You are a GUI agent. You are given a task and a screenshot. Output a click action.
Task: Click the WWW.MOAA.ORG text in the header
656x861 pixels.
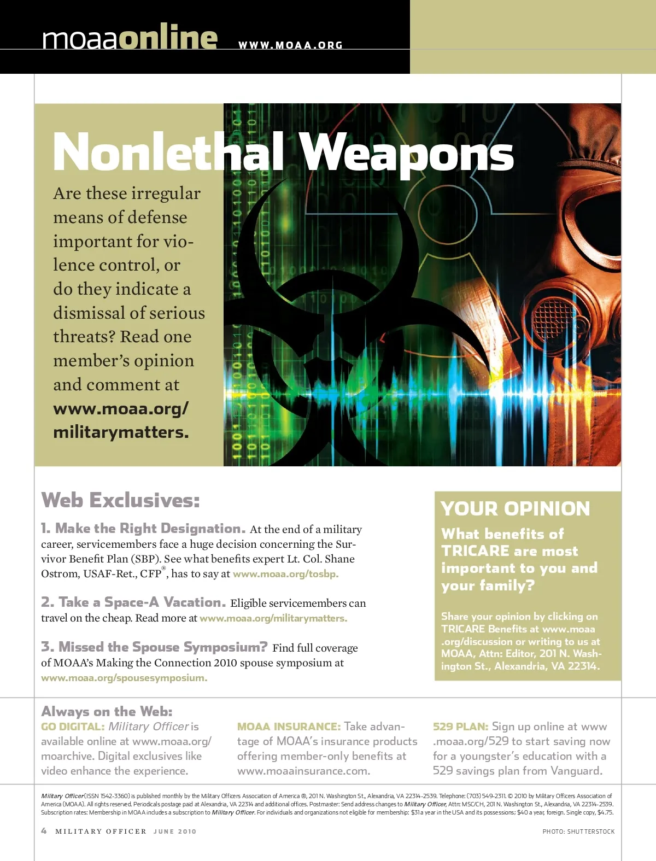(x=290, y=45)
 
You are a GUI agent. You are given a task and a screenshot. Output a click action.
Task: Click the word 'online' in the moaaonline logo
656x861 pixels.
(x=168, y=38)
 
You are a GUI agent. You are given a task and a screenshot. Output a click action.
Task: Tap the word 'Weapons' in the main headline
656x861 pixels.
(x=408, y=153)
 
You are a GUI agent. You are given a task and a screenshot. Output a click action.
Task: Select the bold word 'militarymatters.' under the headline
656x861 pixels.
(x=121, y=432)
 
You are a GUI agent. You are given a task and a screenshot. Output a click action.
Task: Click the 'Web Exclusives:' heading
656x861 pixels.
(x=121, y=500)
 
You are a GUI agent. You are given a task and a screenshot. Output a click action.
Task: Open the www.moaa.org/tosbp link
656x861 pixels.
(x=285, y=574)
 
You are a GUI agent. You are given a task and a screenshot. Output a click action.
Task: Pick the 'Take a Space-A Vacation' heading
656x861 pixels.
(x=133, y=602)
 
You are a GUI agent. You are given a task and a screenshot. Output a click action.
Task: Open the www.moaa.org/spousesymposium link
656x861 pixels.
(x=124, y=678)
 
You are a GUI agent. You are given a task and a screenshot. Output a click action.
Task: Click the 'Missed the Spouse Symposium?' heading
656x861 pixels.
(x=155, y=647)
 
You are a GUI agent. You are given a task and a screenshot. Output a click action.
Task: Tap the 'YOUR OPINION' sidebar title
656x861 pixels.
(x=516, y=509)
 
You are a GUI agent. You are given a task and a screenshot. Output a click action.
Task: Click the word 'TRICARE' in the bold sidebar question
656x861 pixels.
(x=475, y=551)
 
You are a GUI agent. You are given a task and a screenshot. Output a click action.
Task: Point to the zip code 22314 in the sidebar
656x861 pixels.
(x=583, y=666)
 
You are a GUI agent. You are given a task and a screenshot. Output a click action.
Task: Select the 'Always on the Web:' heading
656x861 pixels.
(x=107, y=711)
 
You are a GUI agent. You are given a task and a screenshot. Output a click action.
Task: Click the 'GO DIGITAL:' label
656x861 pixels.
(x=73, y=727)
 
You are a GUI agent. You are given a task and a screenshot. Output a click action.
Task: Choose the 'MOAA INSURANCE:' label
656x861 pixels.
(x=289, y=727)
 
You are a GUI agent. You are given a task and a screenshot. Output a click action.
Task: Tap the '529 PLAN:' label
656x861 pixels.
(x=460, y=727)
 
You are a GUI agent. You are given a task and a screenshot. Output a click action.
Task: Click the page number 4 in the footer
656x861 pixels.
(x=44, y=831)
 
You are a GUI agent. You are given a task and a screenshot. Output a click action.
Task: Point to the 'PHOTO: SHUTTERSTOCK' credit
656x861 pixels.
(x=578, y=831)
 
